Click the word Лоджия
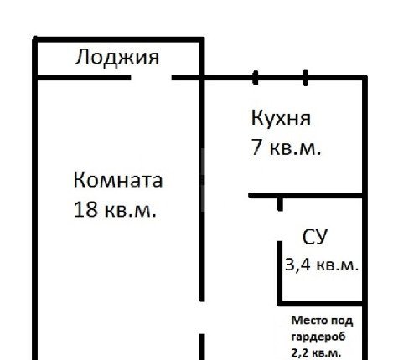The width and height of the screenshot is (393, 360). [x=117, y=58]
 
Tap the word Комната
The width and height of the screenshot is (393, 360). [x=118, y=180]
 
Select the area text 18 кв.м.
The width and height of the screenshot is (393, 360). [x=115, y=210]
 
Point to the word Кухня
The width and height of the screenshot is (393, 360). [x=281, y=118]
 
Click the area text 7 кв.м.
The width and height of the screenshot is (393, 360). [x=286, y=147]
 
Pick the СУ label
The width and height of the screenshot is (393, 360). [x=314, y=237]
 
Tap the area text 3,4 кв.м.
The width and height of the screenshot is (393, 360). [x=322, y=265]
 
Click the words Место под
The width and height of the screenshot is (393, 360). [x=322, y=321]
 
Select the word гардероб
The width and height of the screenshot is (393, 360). [x=318, y=337]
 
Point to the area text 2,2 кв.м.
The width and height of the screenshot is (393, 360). [x=316, y=353]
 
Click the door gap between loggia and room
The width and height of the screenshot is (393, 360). [x=151, y=78]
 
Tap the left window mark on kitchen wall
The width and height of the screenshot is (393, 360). [x=255, y=78]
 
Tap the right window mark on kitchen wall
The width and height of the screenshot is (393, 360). [x=305, y=78]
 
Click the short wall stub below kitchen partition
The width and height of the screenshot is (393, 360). [x=280, y=204]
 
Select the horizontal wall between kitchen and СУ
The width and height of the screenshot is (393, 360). [x=305, y=196]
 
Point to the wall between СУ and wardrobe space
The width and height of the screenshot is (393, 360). [x=320, y=303]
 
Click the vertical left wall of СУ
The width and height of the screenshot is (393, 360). [x=280, y=273]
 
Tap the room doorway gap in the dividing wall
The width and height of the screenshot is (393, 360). [x=202, y=317]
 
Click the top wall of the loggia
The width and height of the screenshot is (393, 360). [x=118, y=39]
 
